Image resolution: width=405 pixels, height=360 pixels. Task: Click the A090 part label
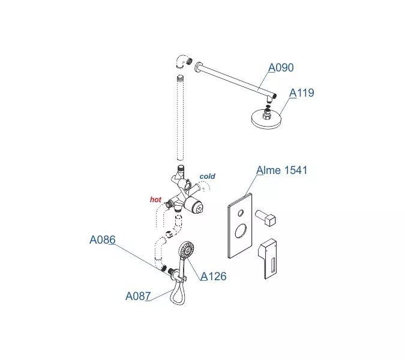tap(281, 68)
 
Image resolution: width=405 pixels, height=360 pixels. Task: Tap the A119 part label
tap(302, 93)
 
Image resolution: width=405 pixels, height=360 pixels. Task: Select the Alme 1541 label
tap(282, 170)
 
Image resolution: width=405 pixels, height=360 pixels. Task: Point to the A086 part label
tap(103, 239)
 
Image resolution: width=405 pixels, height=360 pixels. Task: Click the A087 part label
tap(138, 296)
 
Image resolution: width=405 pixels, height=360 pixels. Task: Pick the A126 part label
tap(214, 277)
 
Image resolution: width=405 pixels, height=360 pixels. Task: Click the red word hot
tap(155, 199)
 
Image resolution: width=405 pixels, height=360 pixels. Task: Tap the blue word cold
tap(208, 176)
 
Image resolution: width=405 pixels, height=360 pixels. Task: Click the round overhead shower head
tap(266, 119)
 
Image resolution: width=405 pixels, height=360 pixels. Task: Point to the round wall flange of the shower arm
tap(198, 67)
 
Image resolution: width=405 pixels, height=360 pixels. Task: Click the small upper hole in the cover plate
tap(241, 213)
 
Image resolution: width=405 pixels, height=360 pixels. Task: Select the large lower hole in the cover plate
tap(241, 230)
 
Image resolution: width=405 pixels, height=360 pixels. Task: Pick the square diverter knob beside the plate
tap(266, 217)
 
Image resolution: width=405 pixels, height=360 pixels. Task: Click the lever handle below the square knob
tap(268, 259)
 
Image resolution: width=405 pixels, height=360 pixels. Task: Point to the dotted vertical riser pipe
tap(180, 118)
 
